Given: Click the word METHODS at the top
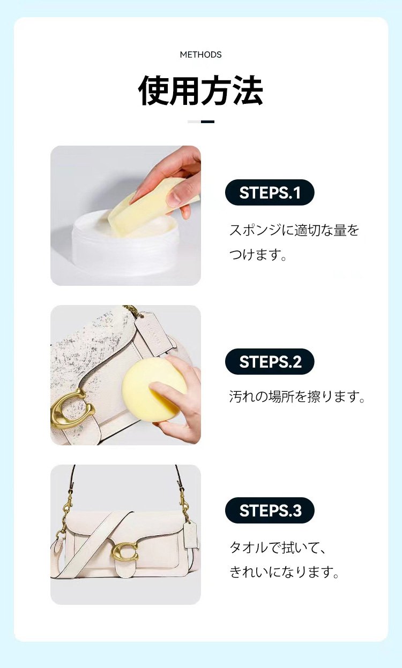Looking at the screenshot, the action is [x=200, y=55].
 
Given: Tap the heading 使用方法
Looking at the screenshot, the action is [x=200, y=90].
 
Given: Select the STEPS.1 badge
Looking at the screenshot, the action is [x=270, y=192].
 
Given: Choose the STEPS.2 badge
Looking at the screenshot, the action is [x=270, y=361].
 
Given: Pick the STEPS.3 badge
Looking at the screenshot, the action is [x=270, y=510].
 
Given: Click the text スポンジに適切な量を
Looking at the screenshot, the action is [x=294, y=230].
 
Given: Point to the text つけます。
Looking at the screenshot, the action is [x=258, y=254].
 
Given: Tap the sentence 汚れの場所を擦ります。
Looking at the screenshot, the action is [x=297, y=396].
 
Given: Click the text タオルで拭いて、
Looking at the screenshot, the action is [x=277, y=548].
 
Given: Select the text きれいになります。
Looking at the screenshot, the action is [x=284, y=572].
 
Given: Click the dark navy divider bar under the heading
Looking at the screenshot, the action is [x=207, y=122].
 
